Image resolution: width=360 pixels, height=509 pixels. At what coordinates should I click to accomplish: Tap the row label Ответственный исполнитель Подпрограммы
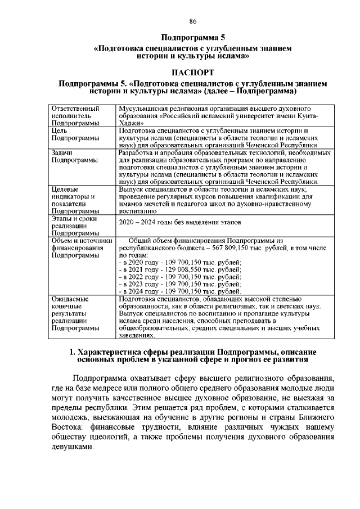[x=75, y=115]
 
